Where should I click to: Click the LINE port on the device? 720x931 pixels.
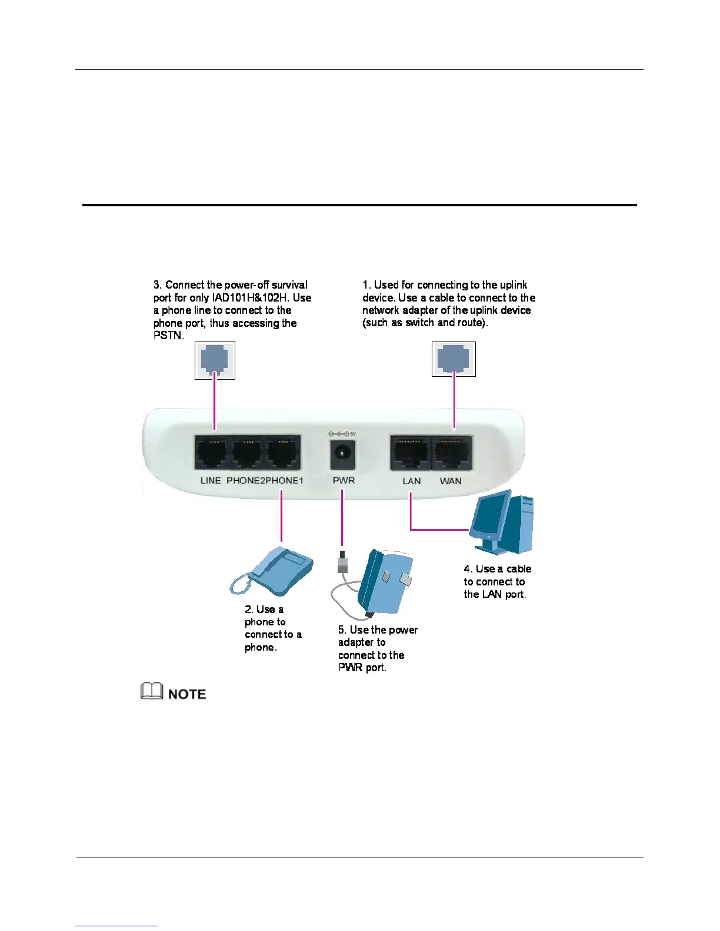click(211, 453)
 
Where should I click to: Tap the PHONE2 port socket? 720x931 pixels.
click(247, 453)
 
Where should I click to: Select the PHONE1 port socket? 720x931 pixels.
click(284, 453)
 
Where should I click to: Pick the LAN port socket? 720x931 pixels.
click(410, 453)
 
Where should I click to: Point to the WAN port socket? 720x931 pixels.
click(452, 453)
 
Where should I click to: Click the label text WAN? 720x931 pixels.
click(451, 481)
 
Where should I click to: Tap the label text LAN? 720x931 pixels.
click(411, 481)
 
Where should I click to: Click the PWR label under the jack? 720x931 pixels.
click(344, 480)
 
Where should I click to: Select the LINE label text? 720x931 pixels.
click(211, 480)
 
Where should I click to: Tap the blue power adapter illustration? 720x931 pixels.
click(385, 582)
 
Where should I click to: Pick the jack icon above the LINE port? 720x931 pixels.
click(215, 360)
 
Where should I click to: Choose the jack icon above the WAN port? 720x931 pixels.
click(454, 359)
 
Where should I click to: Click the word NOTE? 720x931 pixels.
click(187, 694)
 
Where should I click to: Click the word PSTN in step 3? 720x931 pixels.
click(168, 336)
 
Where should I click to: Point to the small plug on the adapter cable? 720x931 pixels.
click(343, 564)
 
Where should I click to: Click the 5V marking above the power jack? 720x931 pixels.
click(353, 434)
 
